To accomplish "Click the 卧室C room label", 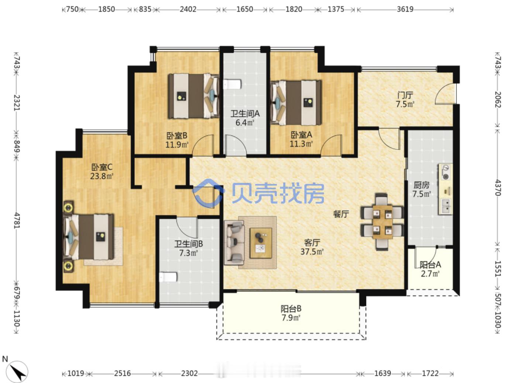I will click(102, 167).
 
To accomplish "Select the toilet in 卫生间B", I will click(168, 277).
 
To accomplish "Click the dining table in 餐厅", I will click(382, 221).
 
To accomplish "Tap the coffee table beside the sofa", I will click(261, 242).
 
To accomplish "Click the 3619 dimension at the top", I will click(405, 9).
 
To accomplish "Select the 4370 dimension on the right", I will click(498, 187).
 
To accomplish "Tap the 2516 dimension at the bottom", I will click(122, 373).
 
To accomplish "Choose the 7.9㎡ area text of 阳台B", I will click(291, 318).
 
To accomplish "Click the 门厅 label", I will click(405, 95).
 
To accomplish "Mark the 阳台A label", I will click(430, 265).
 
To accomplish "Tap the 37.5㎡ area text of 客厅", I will click(312, 252).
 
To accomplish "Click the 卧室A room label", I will click(301, 135).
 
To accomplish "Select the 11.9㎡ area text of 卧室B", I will click(177, 144).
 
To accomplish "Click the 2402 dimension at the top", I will click(188, 9).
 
